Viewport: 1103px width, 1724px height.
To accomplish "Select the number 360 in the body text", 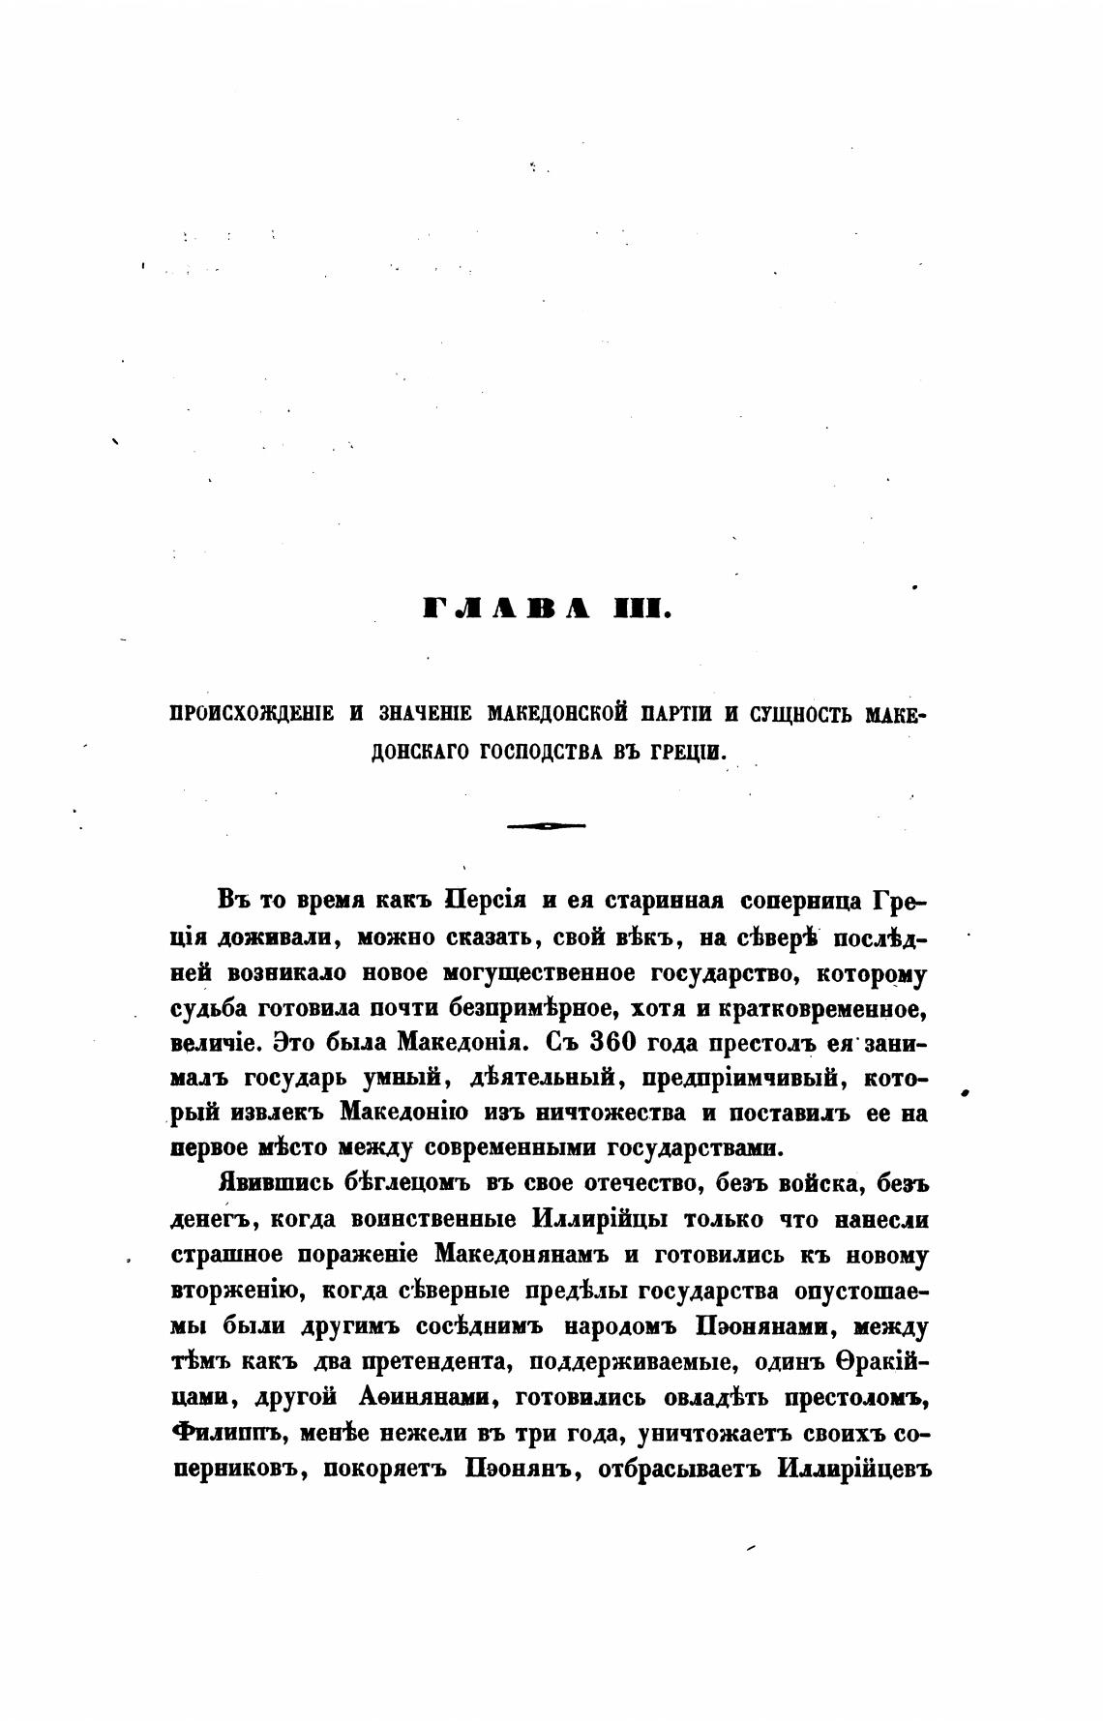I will [591, 1043].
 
